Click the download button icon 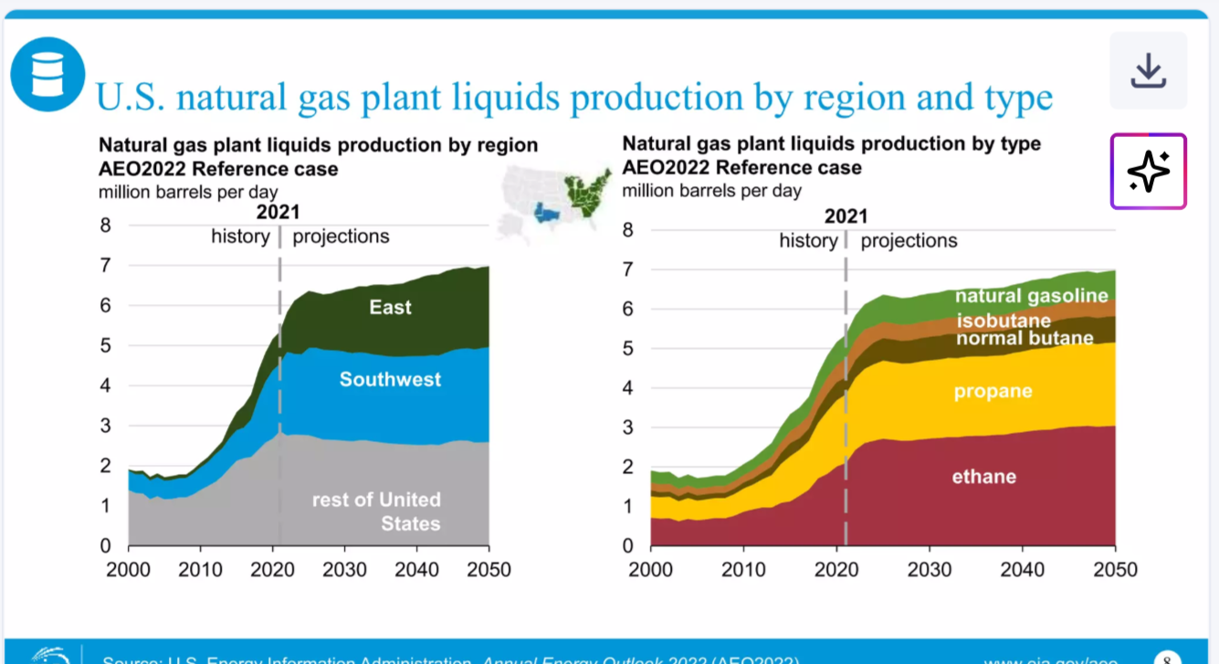point(1148,71)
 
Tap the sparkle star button point(1148,172)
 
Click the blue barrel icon point(47,74)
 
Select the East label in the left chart point(390,307)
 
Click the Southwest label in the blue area point(390,379)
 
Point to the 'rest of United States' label point(376,511)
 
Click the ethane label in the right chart point(983,476)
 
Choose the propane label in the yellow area point(993,391)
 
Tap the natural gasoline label point(1031,295)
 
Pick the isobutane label point(1004,321)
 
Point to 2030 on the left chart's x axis point(345,569)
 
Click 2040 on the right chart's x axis point(1023,569)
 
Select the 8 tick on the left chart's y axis point(106,226)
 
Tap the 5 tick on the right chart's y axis point(627,348)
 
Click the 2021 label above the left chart point(278,213)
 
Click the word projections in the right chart point(909,240)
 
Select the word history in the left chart point(240,237)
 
